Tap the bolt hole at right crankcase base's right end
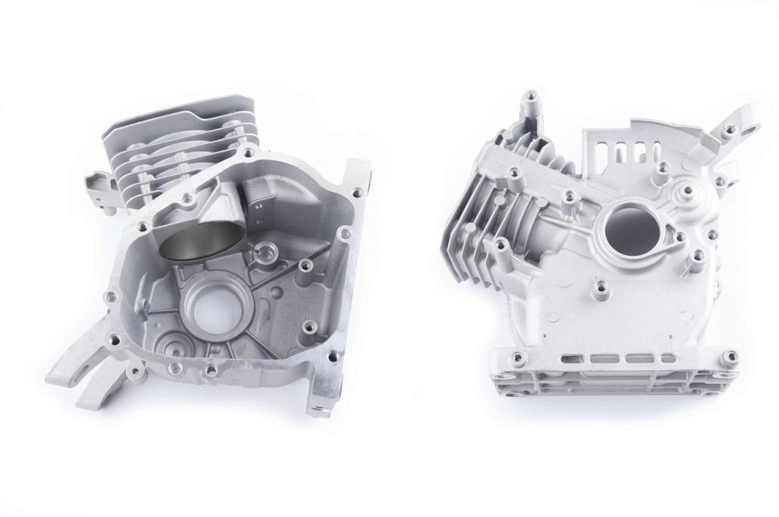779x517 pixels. click(x=731, y=357)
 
